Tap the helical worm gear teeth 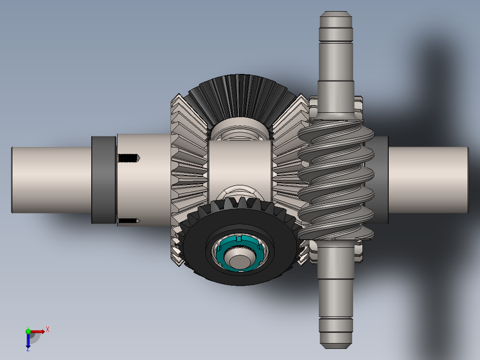coord(336,178)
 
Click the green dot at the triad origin coord(28,331)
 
